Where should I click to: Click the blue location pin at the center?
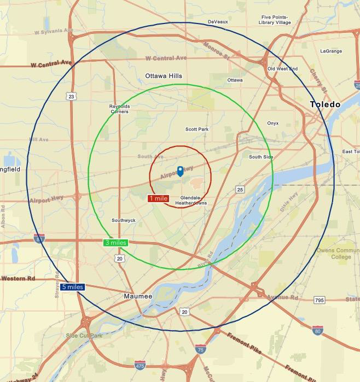click(x=181, y=171)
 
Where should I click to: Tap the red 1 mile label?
click(x=158, y=198)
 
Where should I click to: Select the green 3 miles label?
click(x=115, y=243)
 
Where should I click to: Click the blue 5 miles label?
click(x=72, y=287)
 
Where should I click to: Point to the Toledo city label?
click(x=325, y=104)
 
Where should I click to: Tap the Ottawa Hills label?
click(x=164, y=76)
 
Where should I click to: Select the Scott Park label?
click(x=197, y=130)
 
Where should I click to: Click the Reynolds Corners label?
click(x=119, y=109)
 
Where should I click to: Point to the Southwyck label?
click(x=124, y=220)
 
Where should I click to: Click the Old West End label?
click(x=282, y=69)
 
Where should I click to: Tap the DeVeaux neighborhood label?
click(x=217, y=22)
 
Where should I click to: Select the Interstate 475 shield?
click(x=140, y=365)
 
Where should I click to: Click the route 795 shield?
click(x=320, y=300)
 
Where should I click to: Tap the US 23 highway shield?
click(x=72, y=97)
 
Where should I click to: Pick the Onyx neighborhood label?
click(x=272, y=123)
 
